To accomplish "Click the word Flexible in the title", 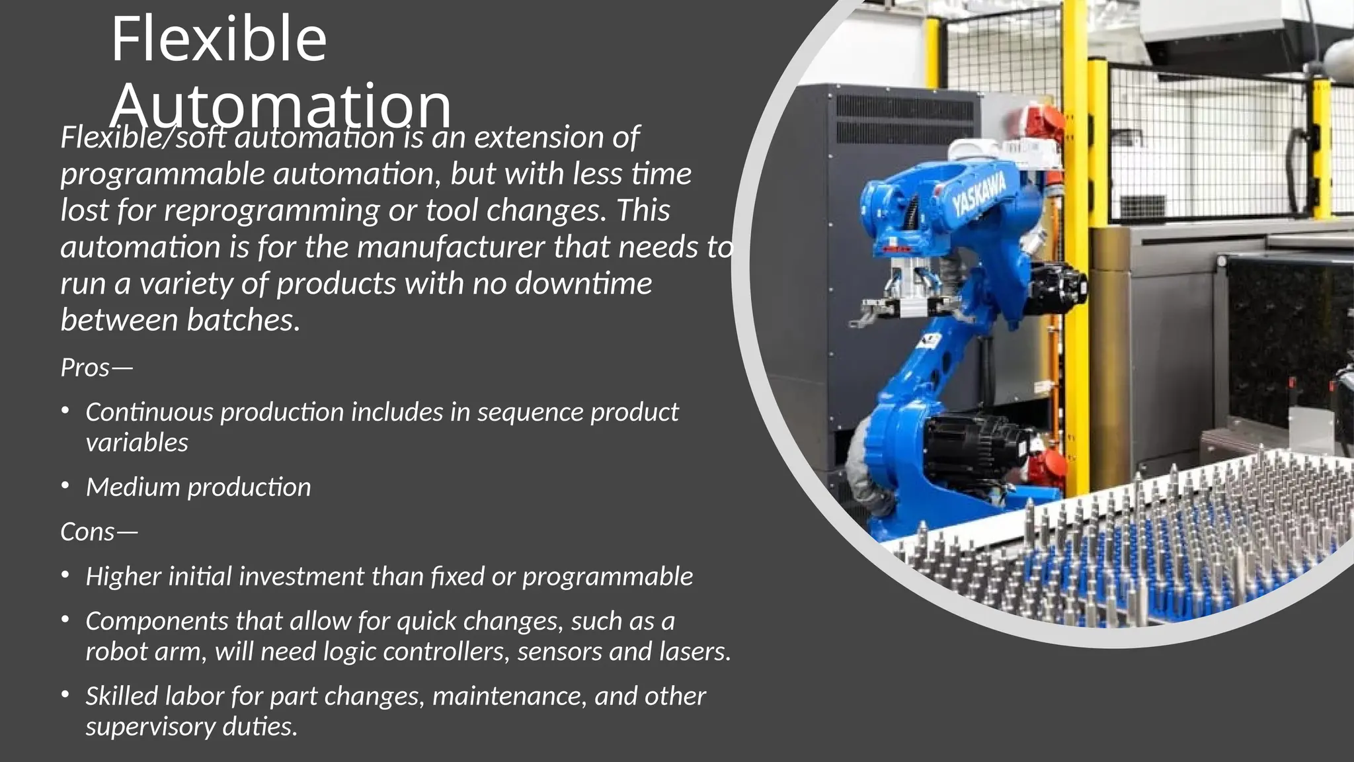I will (x=218, y=40).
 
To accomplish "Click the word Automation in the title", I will (x=281, y=106).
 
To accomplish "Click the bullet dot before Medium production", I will (x=65, y=486).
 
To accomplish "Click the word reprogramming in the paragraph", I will (x=272, y=210).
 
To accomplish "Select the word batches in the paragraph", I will (x=243, y=320).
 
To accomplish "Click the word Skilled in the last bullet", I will (x=122, y=696).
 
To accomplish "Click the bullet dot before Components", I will (x=65, y=620).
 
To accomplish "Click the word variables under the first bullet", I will (x=137, y=443).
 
